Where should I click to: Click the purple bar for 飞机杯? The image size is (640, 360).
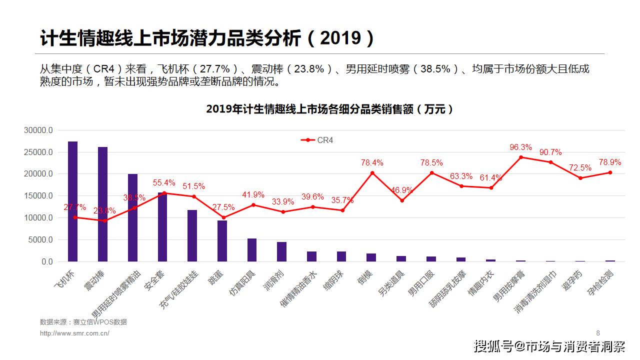point(73,201)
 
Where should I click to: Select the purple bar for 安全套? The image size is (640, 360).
point(162,227)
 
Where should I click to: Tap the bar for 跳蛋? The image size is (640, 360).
point(222,241)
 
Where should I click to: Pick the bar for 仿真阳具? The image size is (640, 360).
point(252,250)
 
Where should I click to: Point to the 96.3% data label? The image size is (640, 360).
point(520,147)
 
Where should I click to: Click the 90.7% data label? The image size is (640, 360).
point(550,152)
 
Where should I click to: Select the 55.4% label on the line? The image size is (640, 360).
point(164,183)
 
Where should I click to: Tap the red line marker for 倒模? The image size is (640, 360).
point(372,173)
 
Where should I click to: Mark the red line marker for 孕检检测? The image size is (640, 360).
point(610,172)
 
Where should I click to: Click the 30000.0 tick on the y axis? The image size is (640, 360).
point(38,130)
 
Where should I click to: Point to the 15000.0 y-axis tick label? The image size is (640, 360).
point(38,196)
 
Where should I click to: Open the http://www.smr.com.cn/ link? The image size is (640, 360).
point(74,333)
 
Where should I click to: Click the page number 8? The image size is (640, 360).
point(598,333)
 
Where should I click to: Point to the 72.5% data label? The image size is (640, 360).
point(580,167)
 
